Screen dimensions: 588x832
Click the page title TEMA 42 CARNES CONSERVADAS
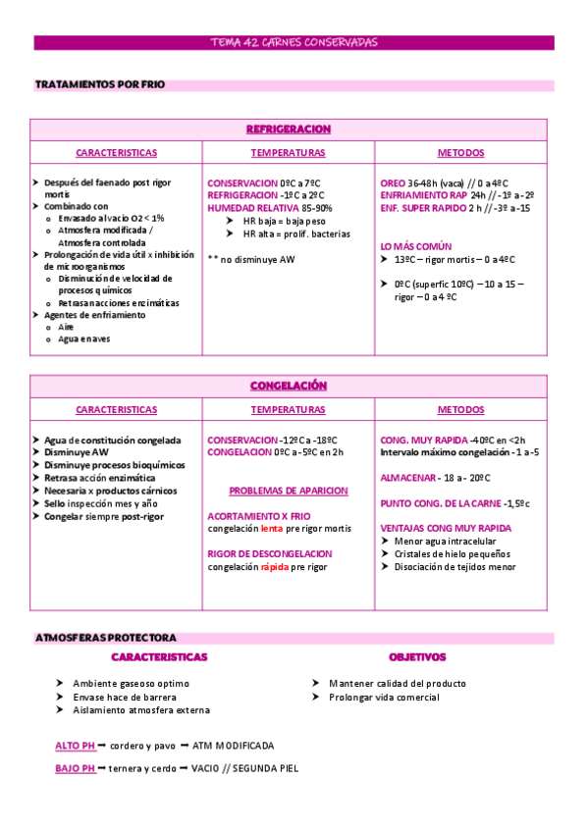294,43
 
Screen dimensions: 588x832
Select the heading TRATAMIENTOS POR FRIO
99,85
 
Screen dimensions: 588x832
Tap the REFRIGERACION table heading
288,130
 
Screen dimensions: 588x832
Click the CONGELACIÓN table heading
288,386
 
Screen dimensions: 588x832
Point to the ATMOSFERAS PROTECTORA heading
105,638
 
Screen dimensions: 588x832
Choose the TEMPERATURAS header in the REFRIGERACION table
288,153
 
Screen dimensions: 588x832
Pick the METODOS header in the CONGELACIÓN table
460,409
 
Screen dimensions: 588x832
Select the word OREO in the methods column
392,182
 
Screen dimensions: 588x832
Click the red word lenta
271,528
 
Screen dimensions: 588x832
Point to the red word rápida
275,566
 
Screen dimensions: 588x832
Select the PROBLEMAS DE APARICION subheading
288,491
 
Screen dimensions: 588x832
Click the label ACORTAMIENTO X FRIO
258,515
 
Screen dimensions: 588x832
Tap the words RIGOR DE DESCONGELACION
270,553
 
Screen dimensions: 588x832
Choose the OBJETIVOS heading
416,657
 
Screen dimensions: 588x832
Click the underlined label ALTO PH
75,746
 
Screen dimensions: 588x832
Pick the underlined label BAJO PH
75,768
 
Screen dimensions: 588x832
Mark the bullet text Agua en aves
84,339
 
